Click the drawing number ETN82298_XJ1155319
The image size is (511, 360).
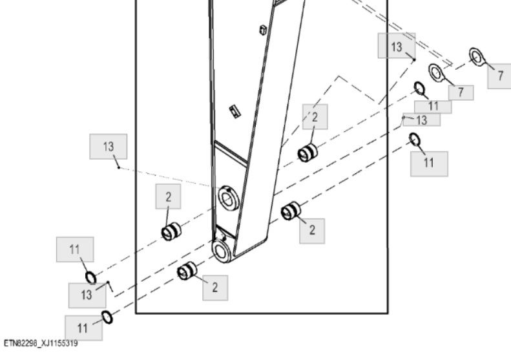[41, 343]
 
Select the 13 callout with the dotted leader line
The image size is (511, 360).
[108, 147]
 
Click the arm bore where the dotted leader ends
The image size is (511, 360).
[228, 198]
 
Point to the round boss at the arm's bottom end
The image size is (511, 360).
[222, 251]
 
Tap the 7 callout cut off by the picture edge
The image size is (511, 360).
[499, 76]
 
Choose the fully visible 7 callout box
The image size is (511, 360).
[461, 92]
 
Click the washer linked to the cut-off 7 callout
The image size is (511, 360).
[477, 57]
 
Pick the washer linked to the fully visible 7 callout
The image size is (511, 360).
[435, 73]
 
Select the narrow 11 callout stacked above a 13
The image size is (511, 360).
[433, 107]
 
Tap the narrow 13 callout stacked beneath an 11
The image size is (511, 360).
[422, 120]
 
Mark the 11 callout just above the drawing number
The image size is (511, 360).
[83, 328]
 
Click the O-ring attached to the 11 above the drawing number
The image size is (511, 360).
[107, 317]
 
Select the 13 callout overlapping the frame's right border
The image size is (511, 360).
[396, 46]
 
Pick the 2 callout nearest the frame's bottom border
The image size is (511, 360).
[215, 288]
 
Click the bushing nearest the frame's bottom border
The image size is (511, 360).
[187, 271]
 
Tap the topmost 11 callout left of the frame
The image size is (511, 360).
[75, 249]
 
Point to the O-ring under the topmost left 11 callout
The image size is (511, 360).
[91, 278]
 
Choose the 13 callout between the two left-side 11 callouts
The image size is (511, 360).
[87, 295]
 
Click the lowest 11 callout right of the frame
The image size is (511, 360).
[429, 164]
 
